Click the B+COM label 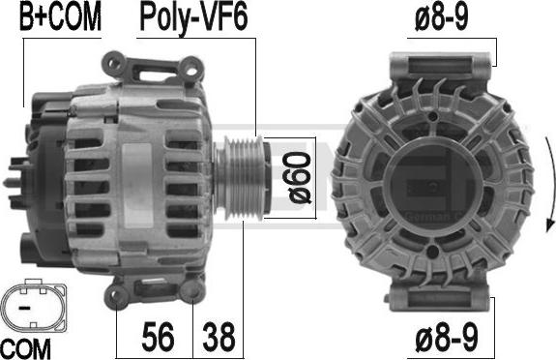point(60,17)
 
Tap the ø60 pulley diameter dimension point(300,177)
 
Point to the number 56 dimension point(158,336)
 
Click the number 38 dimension point(219,336)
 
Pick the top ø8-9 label point(442,17)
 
